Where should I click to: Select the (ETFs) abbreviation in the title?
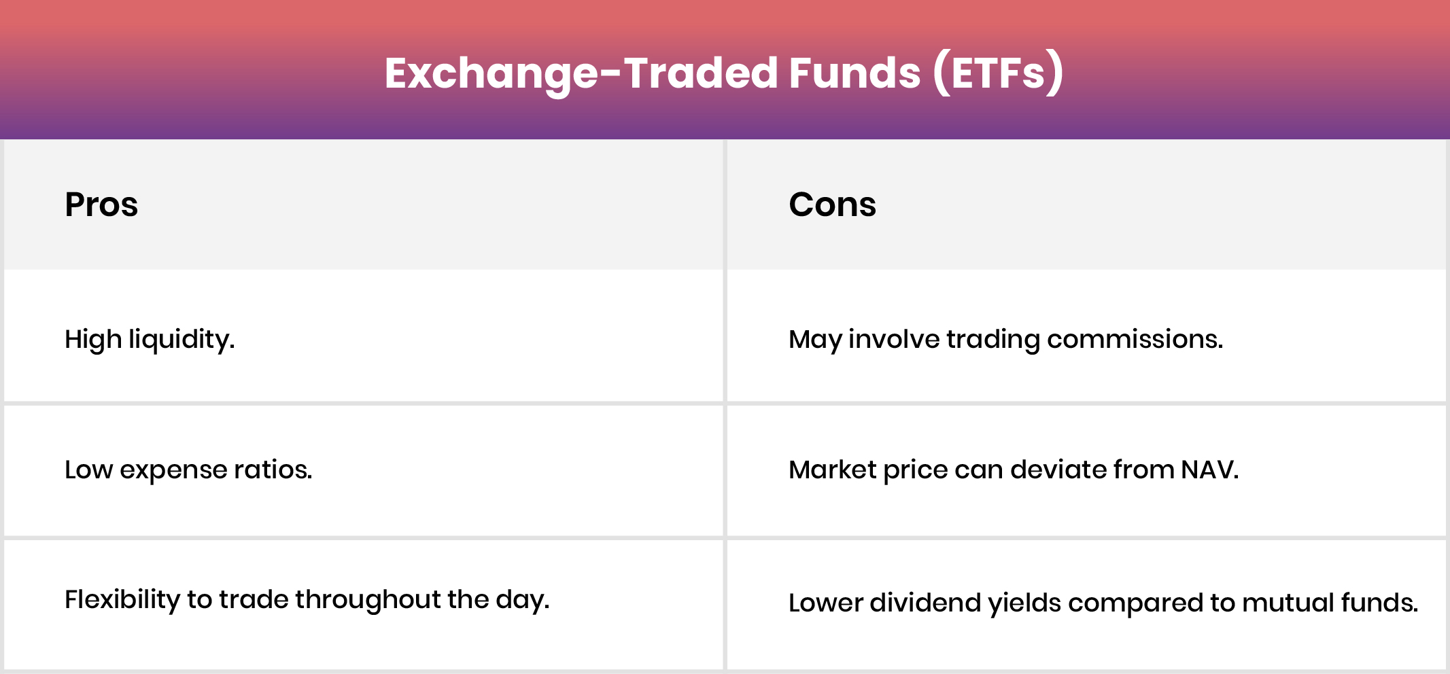point(998,73)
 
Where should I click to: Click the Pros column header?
point(101,205)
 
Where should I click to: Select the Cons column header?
point(832,205)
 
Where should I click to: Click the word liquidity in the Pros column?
point(182,339)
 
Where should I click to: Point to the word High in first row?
point(92,339)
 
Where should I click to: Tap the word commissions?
point(1135,339)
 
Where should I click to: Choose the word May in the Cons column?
point(815,339)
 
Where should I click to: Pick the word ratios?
point(273,469)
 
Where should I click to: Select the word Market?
point(832,469)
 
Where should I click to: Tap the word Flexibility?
point(122,600)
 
